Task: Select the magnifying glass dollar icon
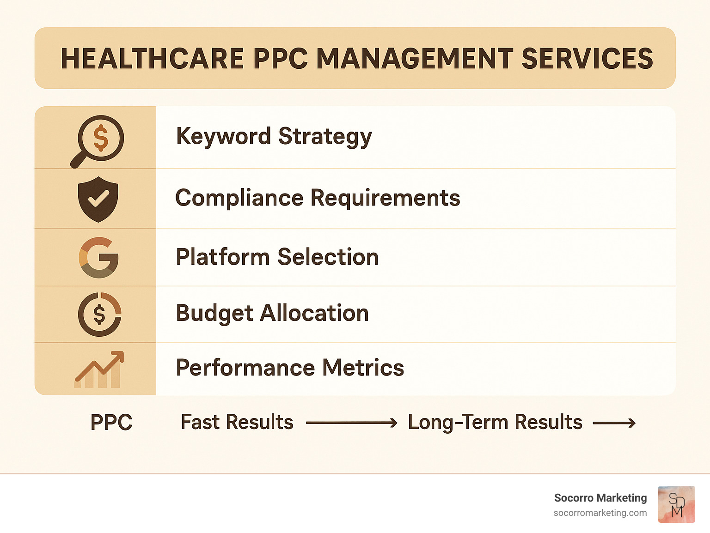[x=98, y=140]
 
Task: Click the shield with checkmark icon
[x=98, y=199]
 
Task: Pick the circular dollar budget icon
[x=99, y=314]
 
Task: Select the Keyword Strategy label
[x=274, y=137]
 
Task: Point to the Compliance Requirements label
[x=318, y=198]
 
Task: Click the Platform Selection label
[x=277, y=257]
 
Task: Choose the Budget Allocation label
[x=272, y=314]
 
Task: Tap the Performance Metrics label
[x=290, y=368]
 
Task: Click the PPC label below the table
[x=111, y=422]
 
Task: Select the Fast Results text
[x=237, y=422]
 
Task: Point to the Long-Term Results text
[x=495, y=422]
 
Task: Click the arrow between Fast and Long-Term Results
[x=351, y=423]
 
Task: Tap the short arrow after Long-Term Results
[x=614, y=423]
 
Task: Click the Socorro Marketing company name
[x=600, y=498]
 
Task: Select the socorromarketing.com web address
[x=600, y=513]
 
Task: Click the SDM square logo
[x=676, y=504]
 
